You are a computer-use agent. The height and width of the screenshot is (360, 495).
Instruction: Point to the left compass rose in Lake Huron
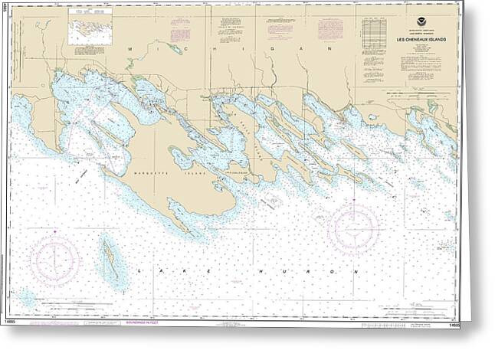(54, 261)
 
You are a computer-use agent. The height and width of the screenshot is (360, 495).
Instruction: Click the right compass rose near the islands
(352, 227)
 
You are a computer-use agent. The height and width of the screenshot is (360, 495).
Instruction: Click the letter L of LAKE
(138, 271)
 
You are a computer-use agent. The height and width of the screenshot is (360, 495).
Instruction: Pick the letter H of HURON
(259, 271)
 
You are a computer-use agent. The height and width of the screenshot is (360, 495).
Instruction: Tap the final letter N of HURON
(356, 271)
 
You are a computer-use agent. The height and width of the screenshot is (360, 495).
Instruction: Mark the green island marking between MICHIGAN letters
(175, 50)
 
